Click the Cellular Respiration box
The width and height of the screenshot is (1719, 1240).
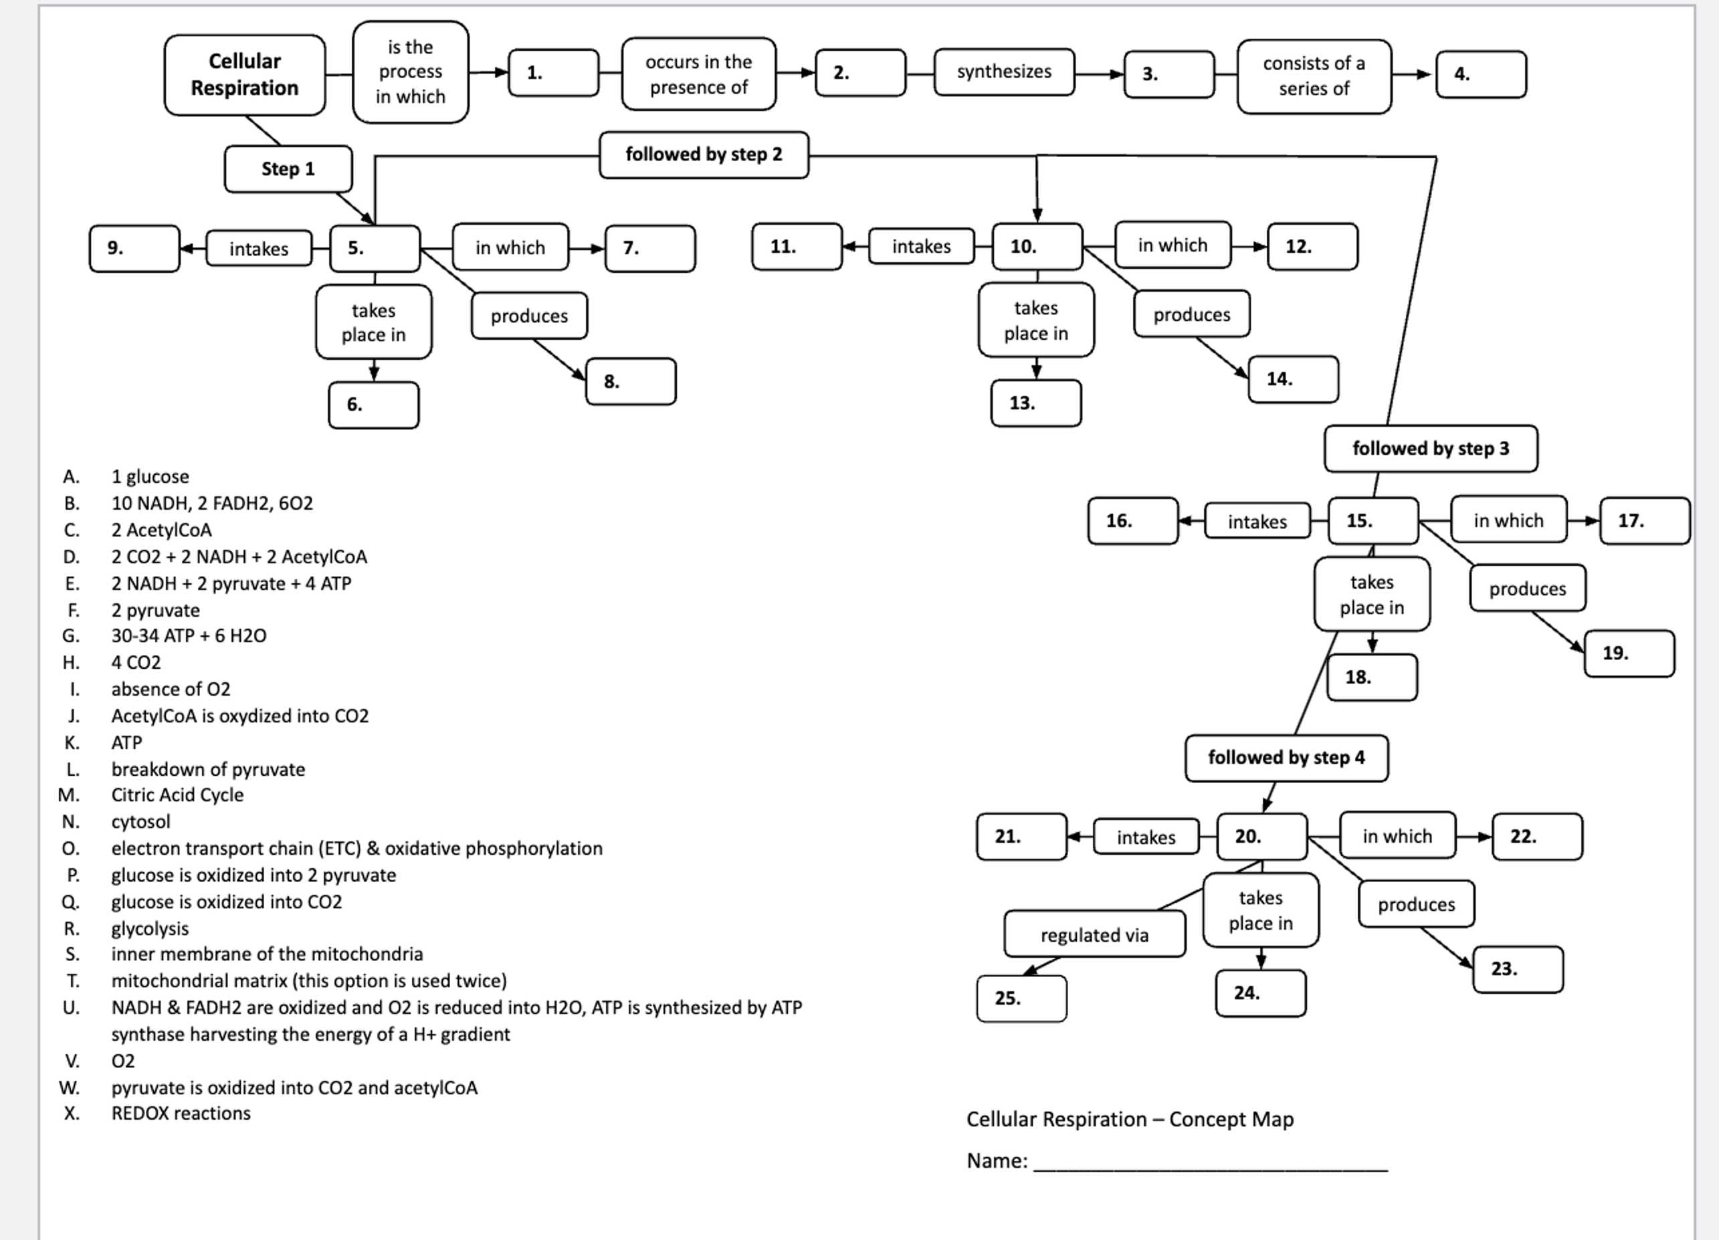click(244, 74)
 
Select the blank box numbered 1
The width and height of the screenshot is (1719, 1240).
click(553, 73)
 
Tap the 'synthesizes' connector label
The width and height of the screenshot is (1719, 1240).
click(1003, 72)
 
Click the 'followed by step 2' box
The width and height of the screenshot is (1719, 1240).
click(704, 154)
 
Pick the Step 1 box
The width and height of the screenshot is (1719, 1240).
click(288, 169)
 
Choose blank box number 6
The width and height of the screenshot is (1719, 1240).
click(373, 405)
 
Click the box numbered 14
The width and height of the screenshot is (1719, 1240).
click(1293, 379)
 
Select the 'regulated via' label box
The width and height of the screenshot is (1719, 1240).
click(1094, 934)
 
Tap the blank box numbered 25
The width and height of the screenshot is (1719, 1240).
click(1021, 998)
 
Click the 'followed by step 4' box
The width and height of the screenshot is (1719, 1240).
click(1286, 758)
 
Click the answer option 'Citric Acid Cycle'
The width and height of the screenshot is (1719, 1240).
click(177, 795)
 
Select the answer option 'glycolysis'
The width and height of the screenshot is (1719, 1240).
click(149, 928)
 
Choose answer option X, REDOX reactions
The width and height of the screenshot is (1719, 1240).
click(181, 1114)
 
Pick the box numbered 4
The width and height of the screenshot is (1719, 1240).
click(1480, 74)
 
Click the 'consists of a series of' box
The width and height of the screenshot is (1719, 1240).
click(1314, 76)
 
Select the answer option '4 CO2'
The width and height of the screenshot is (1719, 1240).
click(136, 662)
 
